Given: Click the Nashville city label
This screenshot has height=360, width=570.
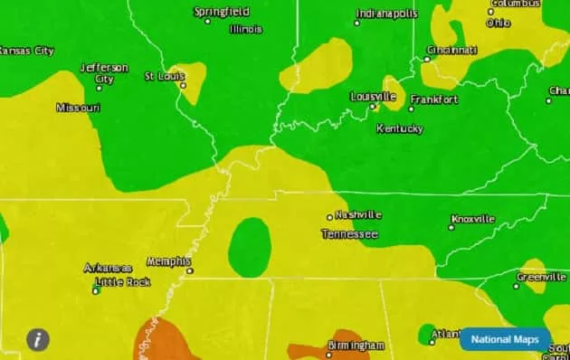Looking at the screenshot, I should (358, 215).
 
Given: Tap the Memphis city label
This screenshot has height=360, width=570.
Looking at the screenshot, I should (168, 261).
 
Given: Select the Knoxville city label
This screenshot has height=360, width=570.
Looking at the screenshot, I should (473, 219).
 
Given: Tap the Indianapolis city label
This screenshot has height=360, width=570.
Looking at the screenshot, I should (387, 14).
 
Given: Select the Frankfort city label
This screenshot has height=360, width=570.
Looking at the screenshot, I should (434, 99).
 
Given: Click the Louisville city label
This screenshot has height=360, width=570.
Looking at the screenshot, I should (373, 96).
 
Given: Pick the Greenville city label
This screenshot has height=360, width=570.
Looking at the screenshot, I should (542, 276).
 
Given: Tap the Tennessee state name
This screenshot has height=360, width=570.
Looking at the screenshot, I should (349, 234).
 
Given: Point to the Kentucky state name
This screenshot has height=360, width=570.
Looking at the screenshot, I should (399, 128).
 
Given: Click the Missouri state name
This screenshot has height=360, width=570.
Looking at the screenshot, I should (78, 108).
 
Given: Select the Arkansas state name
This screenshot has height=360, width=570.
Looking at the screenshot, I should (108, 268).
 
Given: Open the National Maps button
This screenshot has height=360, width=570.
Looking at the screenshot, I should (505, 339).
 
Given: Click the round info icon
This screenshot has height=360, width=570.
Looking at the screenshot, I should (37, 339).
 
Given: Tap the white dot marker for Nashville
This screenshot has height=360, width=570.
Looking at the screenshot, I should (330, 217).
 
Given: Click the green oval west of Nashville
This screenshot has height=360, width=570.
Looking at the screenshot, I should (250, 247).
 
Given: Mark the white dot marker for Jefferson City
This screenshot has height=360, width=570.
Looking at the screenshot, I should (99, 88).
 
